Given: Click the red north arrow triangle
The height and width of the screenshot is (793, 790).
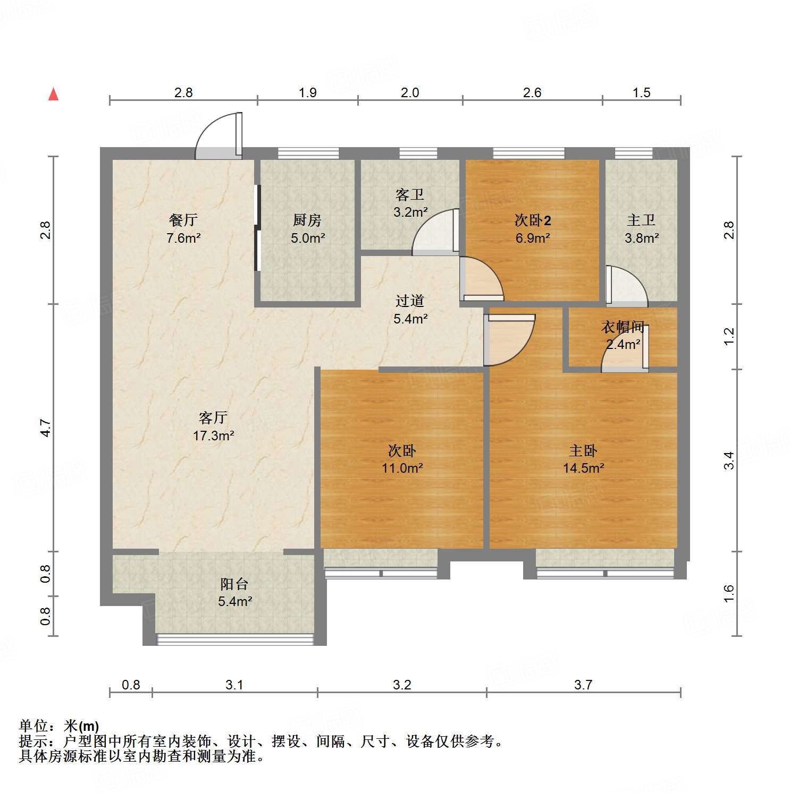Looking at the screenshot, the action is pos(53,94).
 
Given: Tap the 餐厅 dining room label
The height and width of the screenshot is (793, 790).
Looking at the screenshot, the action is pos(183,220).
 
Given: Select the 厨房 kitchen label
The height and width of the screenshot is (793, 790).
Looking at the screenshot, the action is pos(307,220).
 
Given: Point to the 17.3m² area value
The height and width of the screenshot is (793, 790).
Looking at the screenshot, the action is pos(213,436).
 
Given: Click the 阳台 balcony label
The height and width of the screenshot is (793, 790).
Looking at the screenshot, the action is pos(234,584).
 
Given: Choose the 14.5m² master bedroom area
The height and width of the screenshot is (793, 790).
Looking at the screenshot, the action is pos(583,468).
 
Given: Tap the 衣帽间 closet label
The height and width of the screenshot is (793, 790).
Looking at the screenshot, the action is pos(623,327).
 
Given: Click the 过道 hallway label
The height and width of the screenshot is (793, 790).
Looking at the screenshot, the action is pos(409,301).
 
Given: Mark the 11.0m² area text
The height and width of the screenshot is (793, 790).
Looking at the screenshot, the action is pos(402,468).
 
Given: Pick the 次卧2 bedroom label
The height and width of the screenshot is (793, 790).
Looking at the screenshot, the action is pos(533,220).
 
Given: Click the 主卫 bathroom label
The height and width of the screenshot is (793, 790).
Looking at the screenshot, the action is pos(641,220).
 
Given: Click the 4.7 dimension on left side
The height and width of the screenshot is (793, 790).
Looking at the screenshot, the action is pos(46,428).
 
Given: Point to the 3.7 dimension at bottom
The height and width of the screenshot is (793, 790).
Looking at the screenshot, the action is pos(583,685).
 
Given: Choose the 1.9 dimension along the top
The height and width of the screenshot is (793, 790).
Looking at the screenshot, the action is pos(307,92).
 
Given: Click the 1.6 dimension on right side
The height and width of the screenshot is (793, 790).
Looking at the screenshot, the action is pos(729,593).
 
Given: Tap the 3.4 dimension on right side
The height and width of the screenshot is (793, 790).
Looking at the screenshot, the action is pos(729,460).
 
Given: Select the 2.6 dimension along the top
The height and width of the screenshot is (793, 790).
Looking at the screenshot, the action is pos(532,92).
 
